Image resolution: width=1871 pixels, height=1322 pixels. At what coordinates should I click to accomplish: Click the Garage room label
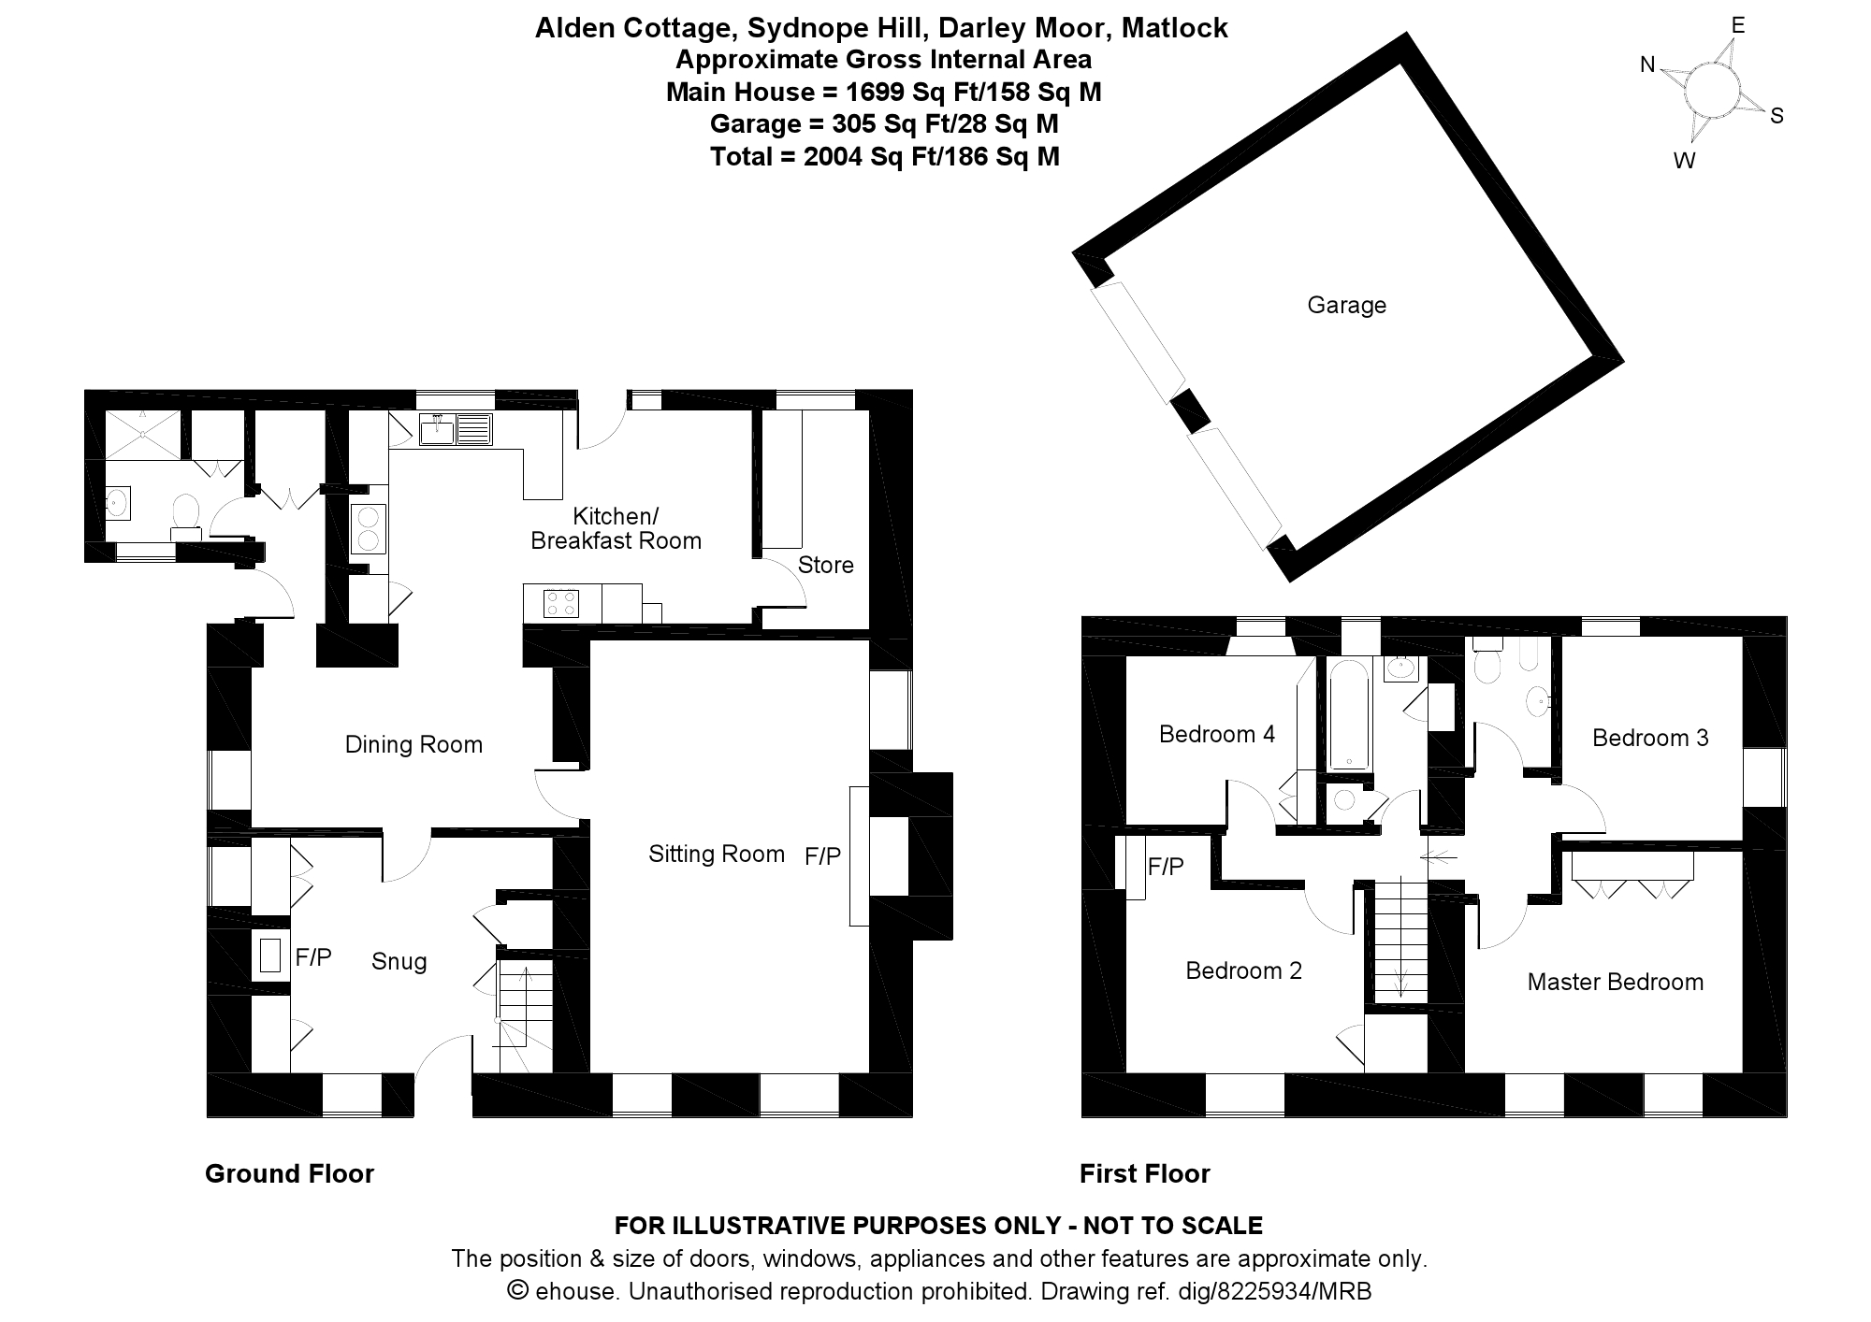click(x=1346, y=305)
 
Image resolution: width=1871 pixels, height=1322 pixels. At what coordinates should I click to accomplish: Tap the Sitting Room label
click(x=717, y=854)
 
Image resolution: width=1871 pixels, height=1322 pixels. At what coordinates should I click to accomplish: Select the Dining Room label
click(x=413, y=744)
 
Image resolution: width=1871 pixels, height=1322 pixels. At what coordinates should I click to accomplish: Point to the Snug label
click(x=399, y=961)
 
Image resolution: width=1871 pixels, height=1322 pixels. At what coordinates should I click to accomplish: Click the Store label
click(x=826, y=565)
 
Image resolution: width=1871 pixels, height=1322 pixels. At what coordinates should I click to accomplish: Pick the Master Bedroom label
click(x=1616, y=982)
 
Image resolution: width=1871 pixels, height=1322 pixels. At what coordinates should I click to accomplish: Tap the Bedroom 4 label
click(x=1217, y=734)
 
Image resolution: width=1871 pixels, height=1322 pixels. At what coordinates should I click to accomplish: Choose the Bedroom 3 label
click(x=1650, y=738)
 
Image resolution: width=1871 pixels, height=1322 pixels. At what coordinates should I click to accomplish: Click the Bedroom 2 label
click(x=1243, y=970)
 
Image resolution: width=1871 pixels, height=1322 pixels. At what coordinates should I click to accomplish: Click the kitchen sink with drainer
click(x=457, y=429)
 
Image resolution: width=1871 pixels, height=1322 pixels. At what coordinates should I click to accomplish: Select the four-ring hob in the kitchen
click(x=561, y=604)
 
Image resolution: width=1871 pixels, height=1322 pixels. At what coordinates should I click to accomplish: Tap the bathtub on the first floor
click(x=1349, y=714)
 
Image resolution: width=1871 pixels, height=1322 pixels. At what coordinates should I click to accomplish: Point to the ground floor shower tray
click(x=142, y=435)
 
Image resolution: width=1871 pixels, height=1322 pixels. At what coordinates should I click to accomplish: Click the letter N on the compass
click(x=1647, y=65)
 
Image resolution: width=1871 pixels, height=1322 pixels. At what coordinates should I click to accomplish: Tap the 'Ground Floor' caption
click(x=289, y=1173)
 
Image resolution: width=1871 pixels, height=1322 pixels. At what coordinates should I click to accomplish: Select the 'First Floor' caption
click(x=1145, y=1173)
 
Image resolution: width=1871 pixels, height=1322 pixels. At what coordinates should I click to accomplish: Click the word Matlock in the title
click(x=1175, y=28)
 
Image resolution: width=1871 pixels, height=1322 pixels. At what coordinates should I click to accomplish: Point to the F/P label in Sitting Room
click(x=823, y=855)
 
